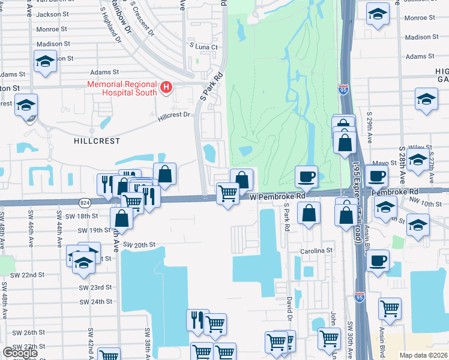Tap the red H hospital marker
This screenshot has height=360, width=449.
point(166,89)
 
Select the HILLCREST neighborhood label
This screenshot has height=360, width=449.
point(96,141)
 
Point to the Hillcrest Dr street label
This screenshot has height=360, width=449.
point(174,116)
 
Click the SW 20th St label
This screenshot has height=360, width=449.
point(139,245)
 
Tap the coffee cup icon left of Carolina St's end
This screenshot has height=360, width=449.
point(377,262)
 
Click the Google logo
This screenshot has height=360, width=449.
point(20,353)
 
